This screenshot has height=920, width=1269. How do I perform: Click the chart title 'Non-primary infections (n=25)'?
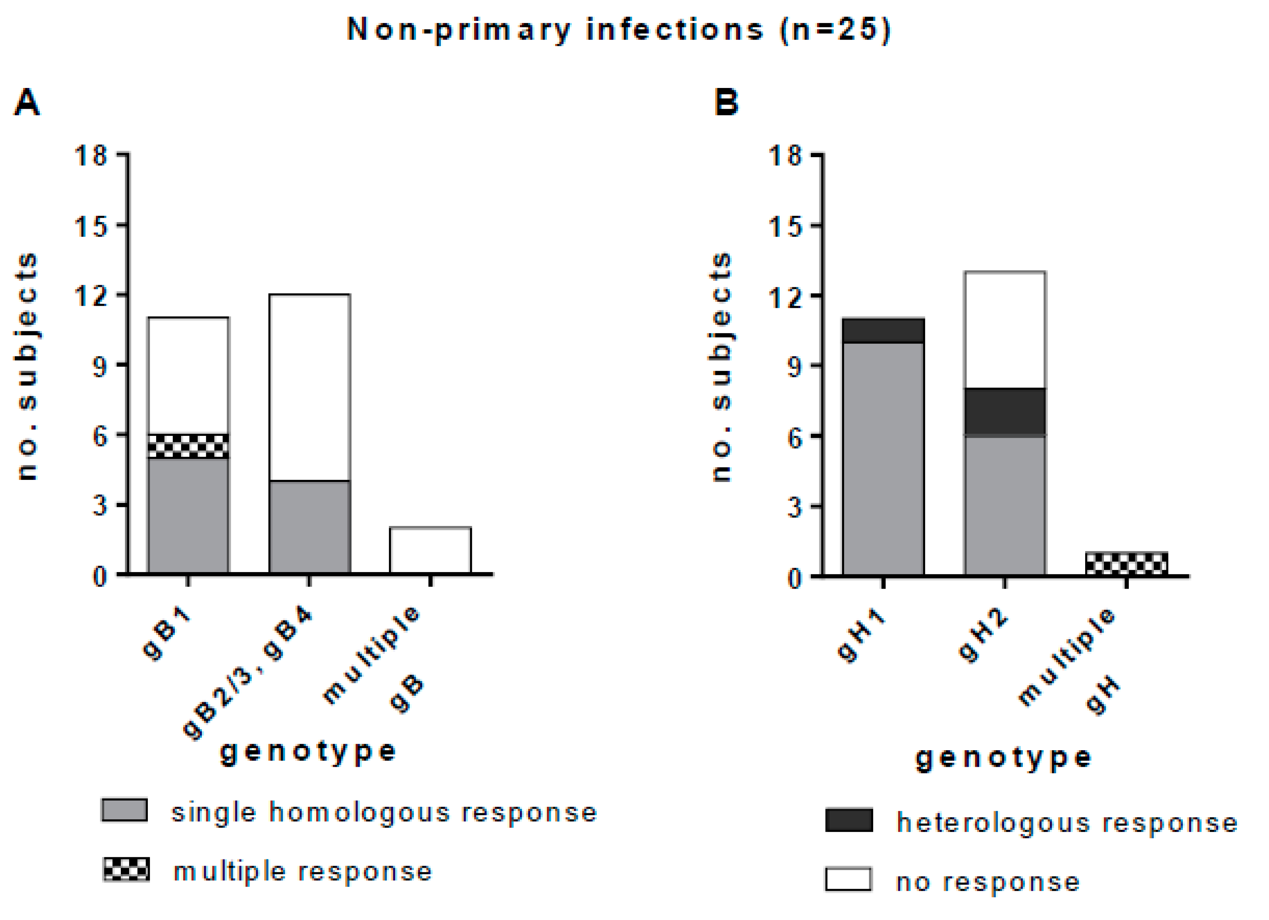tap(618, 29)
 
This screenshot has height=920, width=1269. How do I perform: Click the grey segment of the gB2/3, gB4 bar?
tap(309, 527)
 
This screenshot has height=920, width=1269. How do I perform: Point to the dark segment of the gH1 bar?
tap(883, 330)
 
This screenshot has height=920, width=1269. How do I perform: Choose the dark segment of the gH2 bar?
tap(1004, 411)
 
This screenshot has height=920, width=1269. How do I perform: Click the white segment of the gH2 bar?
tap(1004, 330)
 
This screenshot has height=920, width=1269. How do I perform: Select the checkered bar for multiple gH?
tap(1126, 563)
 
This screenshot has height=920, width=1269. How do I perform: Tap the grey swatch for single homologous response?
tap(124, 810)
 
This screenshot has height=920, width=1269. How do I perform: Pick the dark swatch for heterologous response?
tap(849, 821)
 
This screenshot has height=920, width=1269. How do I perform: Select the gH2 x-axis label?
tap(983, 637)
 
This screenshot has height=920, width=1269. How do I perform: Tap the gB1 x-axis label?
tap(166, 635)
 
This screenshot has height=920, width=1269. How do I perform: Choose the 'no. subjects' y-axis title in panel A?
tap(27, 367)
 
